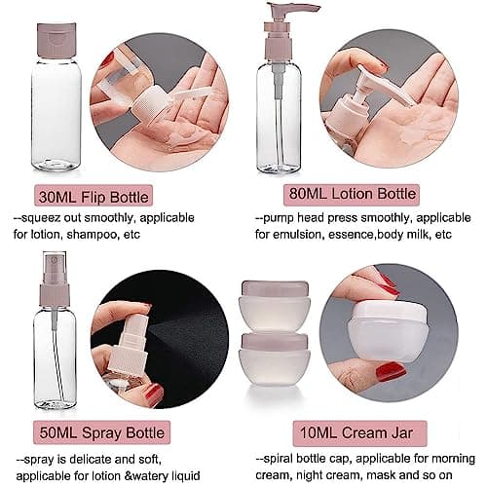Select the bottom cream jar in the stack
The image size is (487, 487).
coord(275,358)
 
